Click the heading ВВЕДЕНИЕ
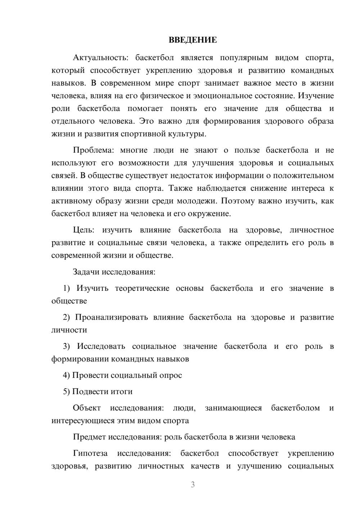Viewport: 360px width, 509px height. pyautogui.click(x=193, y=40)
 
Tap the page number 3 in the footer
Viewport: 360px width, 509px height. pyautogui.click(x=193, y=485)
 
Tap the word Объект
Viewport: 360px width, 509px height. pyautogui.click(x=87, y=408)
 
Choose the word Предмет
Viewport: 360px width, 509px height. pyautogui.click(x=89, y=437)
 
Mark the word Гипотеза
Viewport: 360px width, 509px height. pyautogui.click(x=90, y=453)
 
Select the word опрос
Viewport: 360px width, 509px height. pyautogui.click(x=171, y=375)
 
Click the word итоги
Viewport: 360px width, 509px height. pyautogui.click(x=121, y=392)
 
